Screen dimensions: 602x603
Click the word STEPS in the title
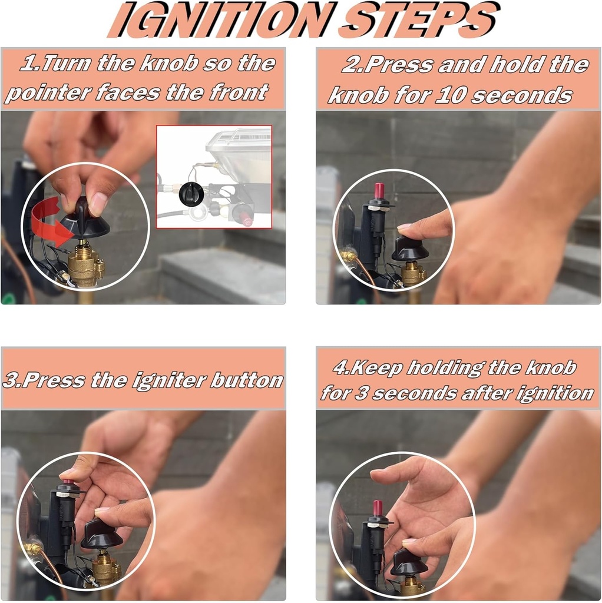[x=419, y=20]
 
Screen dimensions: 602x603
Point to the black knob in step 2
[x=409, y=249]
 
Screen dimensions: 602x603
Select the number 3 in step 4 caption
[x=360, y=393]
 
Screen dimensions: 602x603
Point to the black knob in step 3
[x=101, y=533]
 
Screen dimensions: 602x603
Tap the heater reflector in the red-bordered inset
[x=238, y=154]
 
